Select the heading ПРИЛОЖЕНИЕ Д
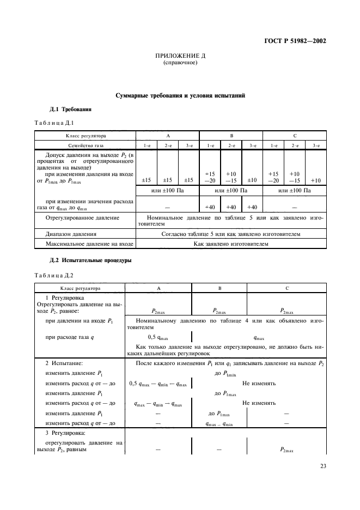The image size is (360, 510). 180,56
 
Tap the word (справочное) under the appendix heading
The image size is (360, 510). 180,63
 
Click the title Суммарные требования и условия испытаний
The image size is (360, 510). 180,96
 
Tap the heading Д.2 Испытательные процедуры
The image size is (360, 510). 90,260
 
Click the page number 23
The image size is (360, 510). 321,466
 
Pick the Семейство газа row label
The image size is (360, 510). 86,145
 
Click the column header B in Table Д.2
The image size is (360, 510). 219,287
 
